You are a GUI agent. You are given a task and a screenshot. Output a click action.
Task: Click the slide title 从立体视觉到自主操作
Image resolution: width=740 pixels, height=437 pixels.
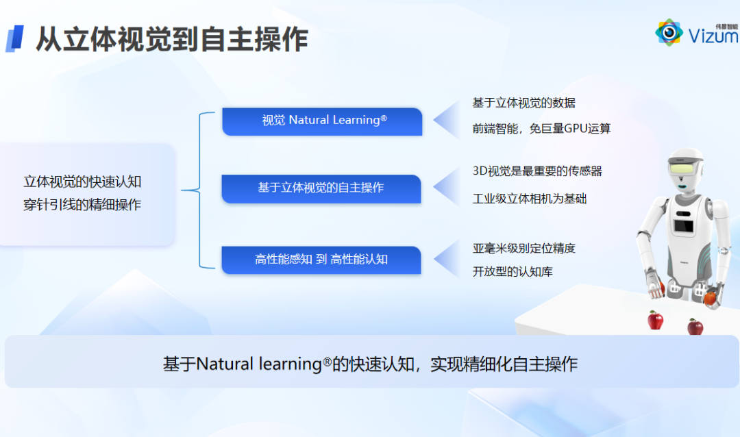tap(172, 39)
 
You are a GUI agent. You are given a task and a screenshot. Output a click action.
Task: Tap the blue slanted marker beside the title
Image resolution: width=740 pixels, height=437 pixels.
tap(14, 38)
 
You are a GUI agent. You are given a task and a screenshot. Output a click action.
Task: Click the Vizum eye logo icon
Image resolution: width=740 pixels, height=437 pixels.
tap(669, 32)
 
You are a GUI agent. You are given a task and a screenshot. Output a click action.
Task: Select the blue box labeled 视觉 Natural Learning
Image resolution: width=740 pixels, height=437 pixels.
tap(322, 121)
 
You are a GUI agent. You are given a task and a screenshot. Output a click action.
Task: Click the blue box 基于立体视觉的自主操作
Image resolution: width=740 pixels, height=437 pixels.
tap(321, 189)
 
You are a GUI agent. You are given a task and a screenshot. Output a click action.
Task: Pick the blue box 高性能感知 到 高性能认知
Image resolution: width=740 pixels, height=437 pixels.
tap(321, 260)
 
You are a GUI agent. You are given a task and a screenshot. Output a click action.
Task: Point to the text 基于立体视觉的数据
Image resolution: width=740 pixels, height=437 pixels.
tap(524, 103)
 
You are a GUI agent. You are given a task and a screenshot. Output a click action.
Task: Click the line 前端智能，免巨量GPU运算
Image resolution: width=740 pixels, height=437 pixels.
tap(541, 128)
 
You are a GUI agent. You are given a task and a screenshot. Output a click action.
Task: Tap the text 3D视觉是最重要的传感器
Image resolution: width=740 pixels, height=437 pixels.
tap(538, 171)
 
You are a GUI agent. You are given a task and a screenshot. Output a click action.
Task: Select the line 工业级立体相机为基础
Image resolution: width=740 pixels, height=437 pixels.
tap(530, 199)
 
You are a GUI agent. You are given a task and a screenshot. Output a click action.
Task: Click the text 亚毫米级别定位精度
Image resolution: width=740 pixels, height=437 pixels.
tap(524, 248)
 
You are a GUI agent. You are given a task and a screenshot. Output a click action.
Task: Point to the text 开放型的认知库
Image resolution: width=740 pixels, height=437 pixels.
tap(513, 271)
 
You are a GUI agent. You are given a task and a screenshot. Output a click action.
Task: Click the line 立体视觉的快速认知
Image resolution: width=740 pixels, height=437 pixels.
tap(83, 182)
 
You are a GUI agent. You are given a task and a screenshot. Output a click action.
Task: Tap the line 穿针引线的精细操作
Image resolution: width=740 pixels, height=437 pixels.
tap(83, 204)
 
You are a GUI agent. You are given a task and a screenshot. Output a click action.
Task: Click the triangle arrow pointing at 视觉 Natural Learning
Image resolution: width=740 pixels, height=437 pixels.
tap(447, 120)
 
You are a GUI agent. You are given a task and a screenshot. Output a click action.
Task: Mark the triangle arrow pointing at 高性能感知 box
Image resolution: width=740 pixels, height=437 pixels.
tap(447, 259)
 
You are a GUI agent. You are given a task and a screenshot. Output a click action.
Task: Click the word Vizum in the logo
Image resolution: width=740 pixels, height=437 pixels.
tap(713, 36)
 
